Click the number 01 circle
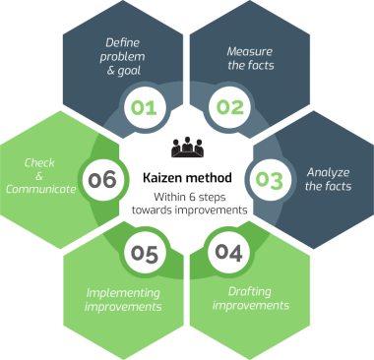145,107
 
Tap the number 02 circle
229,107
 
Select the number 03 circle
270,180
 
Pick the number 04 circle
229,253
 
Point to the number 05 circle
145,254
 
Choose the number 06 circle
102,180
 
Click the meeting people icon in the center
187,147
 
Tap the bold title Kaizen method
187,178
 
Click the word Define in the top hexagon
122,42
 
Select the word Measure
250,51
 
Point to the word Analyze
328,173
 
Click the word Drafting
250,292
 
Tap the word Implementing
123,293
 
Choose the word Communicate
40,189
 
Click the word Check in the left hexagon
39,162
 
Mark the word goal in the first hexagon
128,71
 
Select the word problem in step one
122,57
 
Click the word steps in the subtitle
212,198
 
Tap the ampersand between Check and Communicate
39,176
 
